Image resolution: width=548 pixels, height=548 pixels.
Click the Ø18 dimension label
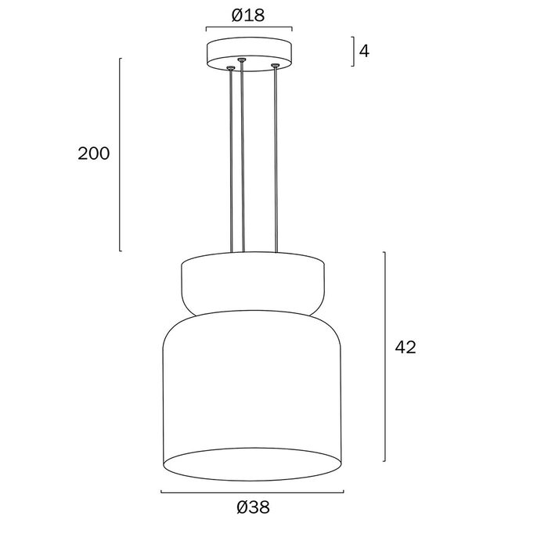pyautogui.click(x=248, y=16)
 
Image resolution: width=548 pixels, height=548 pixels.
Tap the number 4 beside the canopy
pyautogui.click(x=364, y=52)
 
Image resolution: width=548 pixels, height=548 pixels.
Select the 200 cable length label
pyautogui.click(x=93, y=153)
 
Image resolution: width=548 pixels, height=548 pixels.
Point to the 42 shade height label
pyautogui.click(x=406, y=348)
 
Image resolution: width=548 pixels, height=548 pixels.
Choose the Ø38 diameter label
pyautogui.click(x=253, y=507)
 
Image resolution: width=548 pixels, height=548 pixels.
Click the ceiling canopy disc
pyautogui.click(x=249, y=54)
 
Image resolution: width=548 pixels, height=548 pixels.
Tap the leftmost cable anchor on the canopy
pyautogui.click(x=230, y=67)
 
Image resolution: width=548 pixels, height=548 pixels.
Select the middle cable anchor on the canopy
pyautogui.click(x=241, y=59)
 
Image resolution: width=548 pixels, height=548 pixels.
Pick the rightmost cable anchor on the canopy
pyautogui.click(x=276, y=65)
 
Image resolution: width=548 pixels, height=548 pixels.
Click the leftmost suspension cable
pyautogui.click(x=231, y=160)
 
